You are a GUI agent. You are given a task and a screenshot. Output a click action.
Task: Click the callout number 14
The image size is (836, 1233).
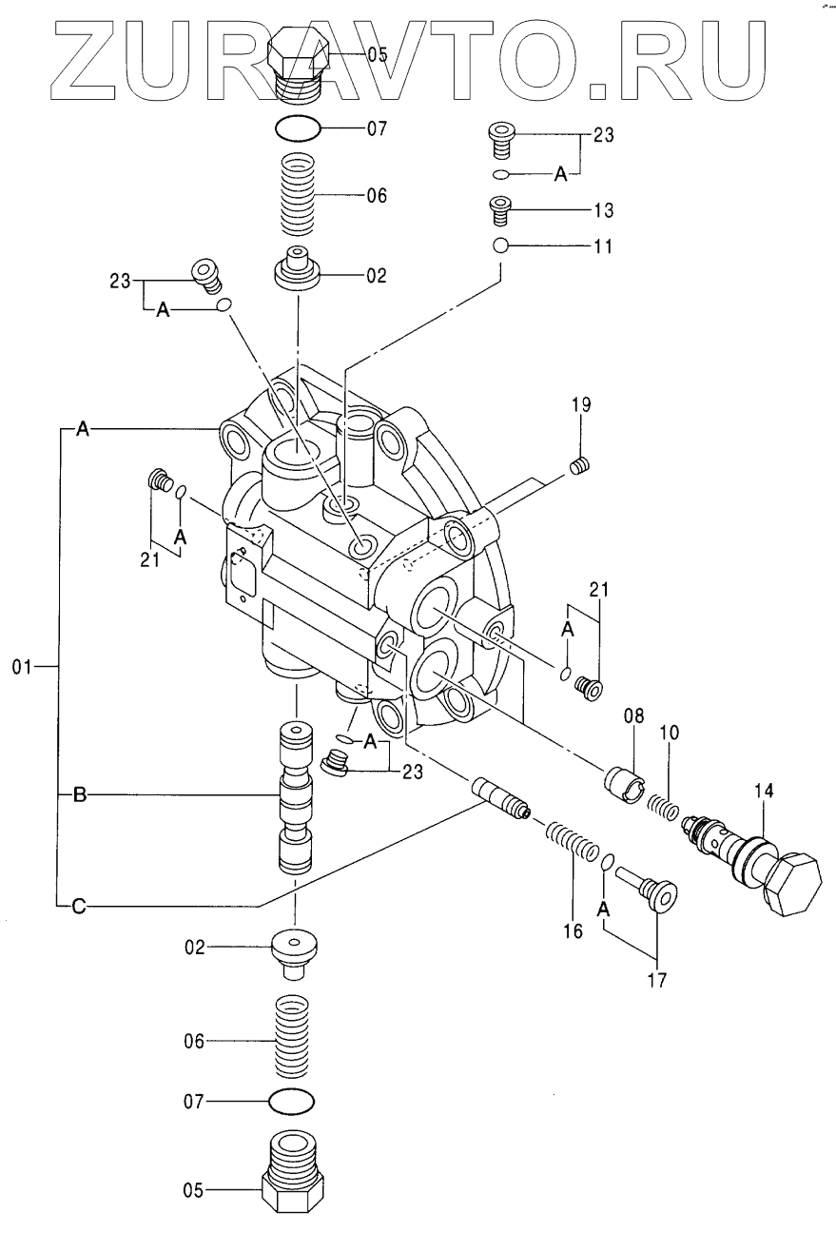point(765,791)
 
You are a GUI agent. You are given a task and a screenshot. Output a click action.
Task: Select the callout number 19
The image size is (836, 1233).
point(581,405)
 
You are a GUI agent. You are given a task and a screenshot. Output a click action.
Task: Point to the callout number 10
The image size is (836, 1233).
point(669,733)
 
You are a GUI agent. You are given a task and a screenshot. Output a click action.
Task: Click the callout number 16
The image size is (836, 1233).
point(573,930)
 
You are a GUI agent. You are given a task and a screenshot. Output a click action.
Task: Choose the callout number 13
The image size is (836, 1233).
point(603,209)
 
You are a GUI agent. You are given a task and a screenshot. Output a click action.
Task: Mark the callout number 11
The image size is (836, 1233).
point(603,246)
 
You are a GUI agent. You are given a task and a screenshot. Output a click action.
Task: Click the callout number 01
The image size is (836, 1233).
point(23,668)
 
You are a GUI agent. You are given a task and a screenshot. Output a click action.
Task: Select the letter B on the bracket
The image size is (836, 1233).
point(80,794)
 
